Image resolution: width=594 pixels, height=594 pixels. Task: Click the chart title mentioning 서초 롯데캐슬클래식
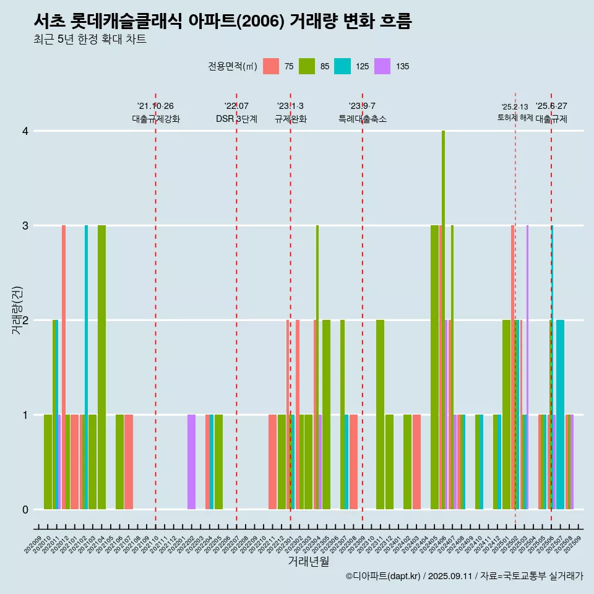tap(223, 22)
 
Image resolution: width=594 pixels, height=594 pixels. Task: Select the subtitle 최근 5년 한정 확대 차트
tap(90, 40)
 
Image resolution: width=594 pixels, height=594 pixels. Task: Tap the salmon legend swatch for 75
tap(271, 66)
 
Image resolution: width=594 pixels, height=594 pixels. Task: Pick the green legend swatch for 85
tap(307, 66)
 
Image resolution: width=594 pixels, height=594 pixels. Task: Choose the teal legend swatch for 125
tap(342, 66)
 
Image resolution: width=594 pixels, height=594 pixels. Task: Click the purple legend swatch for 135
tap(383, 66)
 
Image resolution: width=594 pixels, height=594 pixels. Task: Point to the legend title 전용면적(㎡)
tap(233, 66)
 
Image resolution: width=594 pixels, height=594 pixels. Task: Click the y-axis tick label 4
tap(25, 131)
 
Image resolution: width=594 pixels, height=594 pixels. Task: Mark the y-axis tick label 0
tap(25, 510)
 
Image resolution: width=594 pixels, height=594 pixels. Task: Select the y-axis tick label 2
tap(25, 321)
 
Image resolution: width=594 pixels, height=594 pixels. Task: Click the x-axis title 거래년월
tap(308, 561)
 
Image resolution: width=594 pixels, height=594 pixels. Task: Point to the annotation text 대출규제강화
tap(156, 119)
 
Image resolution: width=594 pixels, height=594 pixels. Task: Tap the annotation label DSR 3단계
tap(236, 119)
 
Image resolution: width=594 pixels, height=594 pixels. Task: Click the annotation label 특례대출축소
tap(363, 119)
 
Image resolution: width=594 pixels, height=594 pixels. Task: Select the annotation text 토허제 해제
tap(515, 118)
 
